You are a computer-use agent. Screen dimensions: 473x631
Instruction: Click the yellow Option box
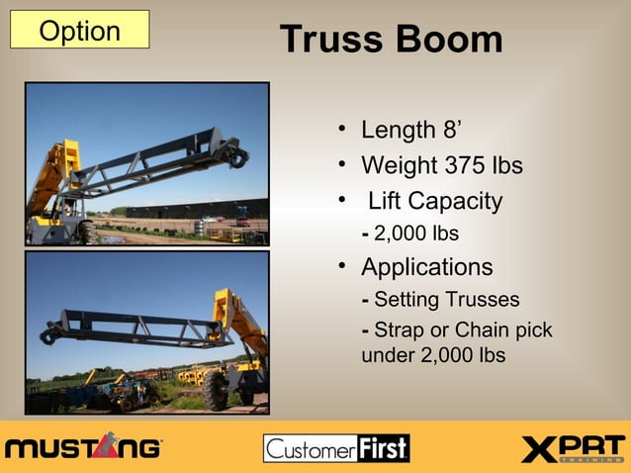click(x=79, y=30)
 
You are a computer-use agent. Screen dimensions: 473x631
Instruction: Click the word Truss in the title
click(x=330, y=40)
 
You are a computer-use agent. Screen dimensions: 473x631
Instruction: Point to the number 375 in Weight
click(x=461, y=164)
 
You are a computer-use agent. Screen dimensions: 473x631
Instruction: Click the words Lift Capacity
click(x=434, y=202)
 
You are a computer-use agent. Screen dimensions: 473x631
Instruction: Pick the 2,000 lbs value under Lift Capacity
click(x=415, y=234)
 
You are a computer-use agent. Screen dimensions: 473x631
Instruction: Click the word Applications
click(x=426, y=267)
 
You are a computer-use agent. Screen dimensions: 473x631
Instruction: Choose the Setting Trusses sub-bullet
click(x=446, y=300)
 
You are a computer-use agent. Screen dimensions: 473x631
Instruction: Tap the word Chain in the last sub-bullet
click(x=483, y=331)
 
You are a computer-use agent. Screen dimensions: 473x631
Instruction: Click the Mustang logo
click(x=83, y=447)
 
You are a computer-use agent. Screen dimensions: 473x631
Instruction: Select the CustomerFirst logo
click(x=336, y=448)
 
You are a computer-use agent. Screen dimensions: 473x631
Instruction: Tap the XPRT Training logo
click(x=573, y=448)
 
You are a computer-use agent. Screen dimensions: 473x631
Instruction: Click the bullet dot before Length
click(x=340, y=129)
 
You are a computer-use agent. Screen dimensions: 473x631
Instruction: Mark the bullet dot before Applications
click(x=340, y=266)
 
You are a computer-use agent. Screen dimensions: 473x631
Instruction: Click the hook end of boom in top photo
click(x=237, y=154)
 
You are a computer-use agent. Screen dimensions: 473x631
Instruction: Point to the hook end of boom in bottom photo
click(x=50, y=336)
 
